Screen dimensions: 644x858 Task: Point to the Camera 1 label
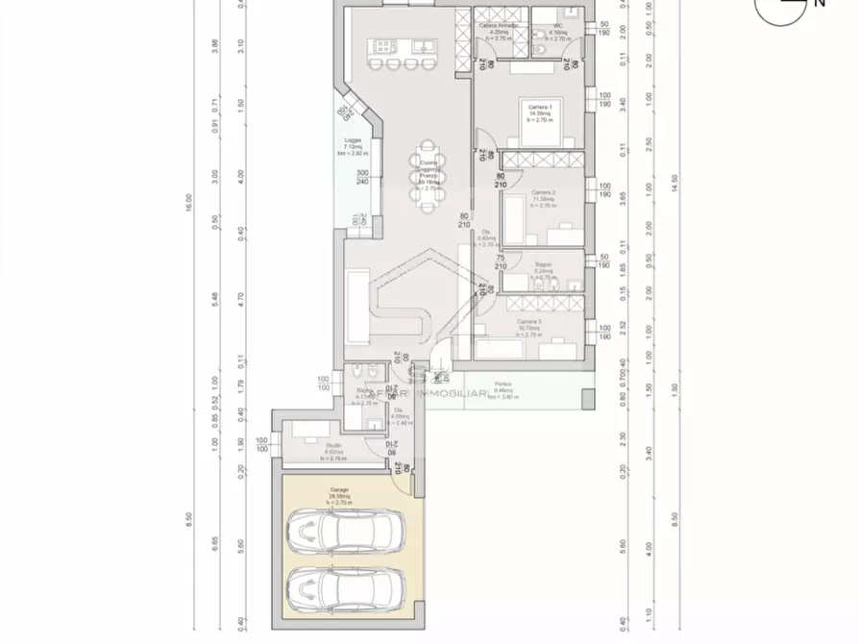tap(540, 109)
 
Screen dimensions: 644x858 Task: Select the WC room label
tap(557, 29)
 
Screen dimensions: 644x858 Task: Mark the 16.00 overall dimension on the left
tap(188, 202)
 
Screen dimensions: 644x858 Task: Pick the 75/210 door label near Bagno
tap(500, 262)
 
